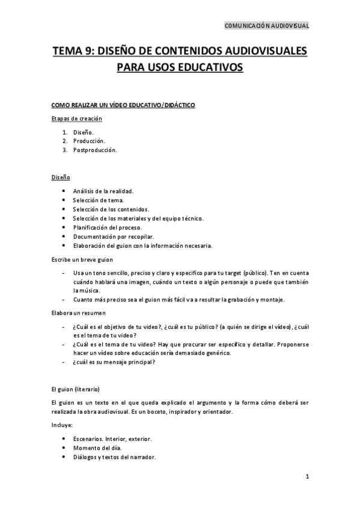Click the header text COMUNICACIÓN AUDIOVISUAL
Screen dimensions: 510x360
tap(266, 26)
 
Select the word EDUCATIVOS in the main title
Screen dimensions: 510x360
tap(210, 67)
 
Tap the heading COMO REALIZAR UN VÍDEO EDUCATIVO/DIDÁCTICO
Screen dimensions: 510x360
tap(123, 105)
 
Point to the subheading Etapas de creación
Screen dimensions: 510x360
tap(77, 118)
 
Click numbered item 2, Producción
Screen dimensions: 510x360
tap(89, 140)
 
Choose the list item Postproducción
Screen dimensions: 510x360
tap(94, 150)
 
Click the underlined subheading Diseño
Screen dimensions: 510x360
tap(61, 177)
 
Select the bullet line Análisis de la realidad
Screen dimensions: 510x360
tap(103, 191)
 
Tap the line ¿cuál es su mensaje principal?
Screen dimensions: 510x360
tap(114, 362)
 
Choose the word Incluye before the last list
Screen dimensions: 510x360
tap(62, 425)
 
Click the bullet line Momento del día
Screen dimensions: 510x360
tap(97, 447)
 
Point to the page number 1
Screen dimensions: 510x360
tap(307, 477)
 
